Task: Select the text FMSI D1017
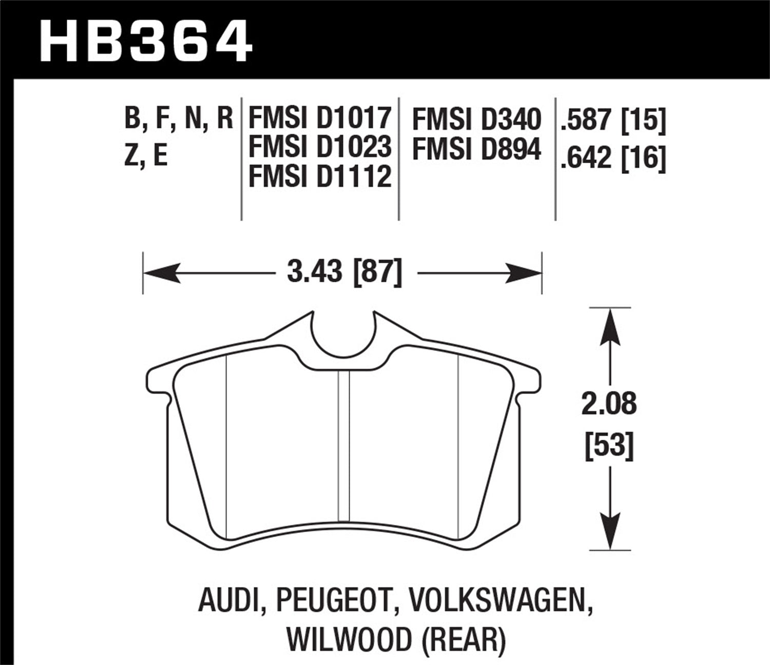tap(320, 118)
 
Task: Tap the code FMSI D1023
tap(320, 147)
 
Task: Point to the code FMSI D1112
tap(320, 177)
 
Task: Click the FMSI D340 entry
tap(476, 120)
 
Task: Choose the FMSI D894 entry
tap(476, 150)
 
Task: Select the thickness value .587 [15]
tap(613, 121)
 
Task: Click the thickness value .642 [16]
tap(613, 157)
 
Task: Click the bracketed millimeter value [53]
tap(609, 445)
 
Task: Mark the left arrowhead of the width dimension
tap(162, 273)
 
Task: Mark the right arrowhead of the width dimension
tap(524, 273)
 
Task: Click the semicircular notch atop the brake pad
tap(344, 336)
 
